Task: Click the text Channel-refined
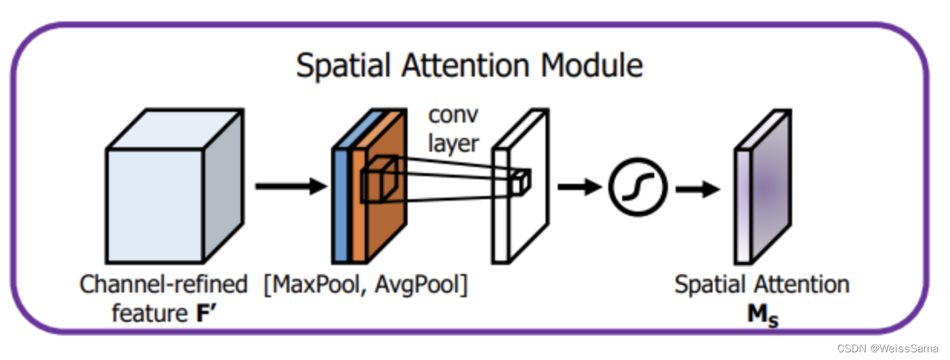pyautogui.click(x=164, y=285)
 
